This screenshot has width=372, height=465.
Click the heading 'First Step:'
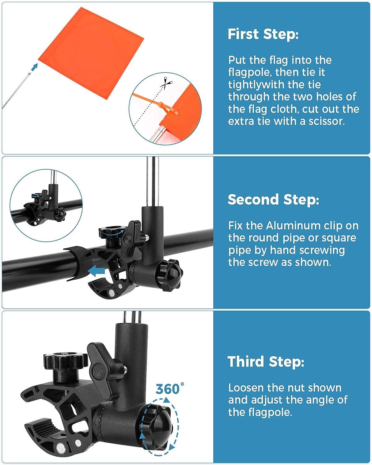(263, 34)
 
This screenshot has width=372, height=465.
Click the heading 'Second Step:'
(273, 199)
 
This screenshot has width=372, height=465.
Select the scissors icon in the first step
(166, 83)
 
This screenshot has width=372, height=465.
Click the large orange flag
(91, 53)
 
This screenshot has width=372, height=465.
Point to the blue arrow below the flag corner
(35, 67)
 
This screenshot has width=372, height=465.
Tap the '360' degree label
(170, 389)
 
